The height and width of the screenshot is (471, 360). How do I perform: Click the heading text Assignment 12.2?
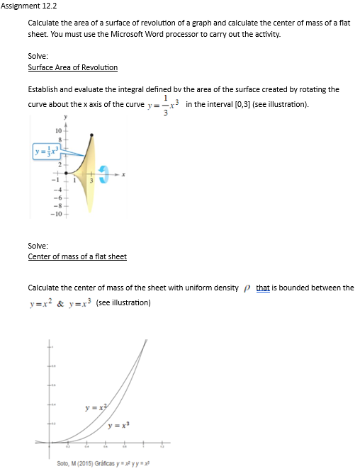[x=28, y=5]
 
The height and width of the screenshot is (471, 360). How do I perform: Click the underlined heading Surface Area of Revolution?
[x=72, y=67]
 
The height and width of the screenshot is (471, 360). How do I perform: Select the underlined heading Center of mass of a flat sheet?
[x=77, y=256]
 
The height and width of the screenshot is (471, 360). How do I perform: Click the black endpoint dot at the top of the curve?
[x=91, y=134]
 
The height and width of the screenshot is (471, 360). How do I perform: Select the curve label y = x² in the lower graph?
[x=95, y=407]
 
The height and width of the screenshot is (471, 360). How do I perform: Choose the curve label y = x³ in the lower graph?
[x=117, y=425]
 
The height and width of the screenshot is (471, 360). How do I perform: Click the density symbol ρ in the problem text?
[x=247, y=288]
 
